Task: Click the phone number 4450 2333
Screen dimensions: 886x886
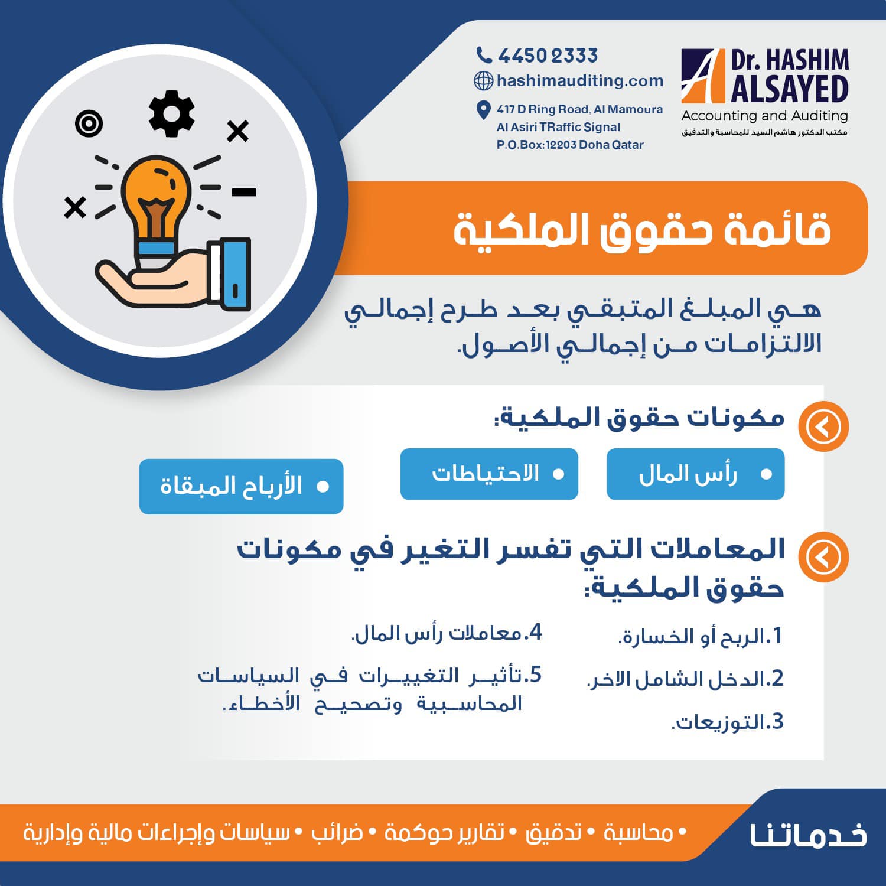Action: coord(548,56)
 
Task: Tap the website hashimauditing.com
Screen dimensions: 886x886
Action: coord(580,80)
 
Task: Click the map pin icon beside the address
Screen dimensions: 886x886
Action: coord(483,109)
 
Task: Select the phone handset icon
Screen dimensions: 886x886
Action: coord(484,56)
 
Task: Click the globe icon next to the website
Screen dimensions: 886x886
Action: coord(484,80)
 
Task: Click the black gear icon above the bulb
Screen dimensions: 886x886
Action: coord(171,113)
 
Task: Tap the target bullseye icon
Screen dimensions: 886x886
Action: coord(89,124)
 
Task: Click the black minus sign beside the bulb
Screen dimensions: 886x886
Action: coord(243,192)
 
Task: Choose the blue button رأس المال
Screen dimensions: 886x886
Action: coord(695,474)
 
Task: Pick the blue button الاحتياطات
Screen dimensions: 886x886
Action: coord(489,474)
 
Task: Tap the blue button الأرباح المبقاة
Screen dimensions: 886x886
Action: coord(241,486)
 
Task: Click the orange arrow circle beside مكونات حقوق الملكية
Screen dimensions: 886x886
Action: coord(823,426)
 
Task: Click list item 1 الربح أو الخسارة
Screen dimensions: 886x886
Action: coord(700,636)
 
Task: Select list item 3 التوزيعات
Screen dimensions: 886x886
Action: coord(727,721)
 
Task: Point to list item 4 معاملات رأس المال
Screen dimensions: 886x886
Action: coord(447,633)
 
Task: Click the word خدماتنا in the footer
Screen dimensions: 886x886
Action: coord(808,833)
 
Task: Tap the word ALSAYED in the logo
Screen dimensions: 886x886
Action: coord(790,89)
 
